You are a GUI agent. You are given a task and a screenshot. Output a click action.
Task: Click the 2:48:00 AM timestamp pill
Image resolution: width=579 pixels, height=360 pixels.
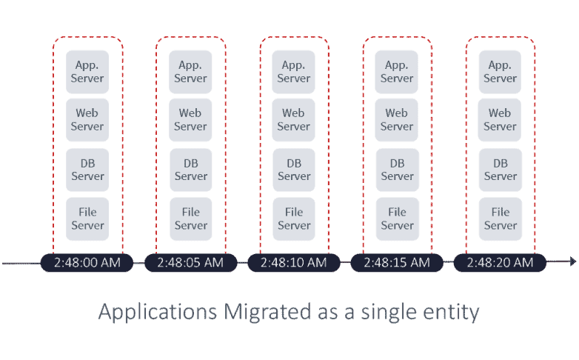point(87,263)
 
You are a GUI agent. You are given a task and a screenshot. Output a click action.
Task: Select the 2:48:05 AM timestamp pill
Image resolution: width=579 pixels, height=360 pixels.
point(190,263)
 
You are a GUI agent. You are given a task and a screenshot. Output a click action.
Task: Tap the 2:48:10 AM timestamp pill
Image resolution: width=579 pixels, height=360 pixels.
point(293,263)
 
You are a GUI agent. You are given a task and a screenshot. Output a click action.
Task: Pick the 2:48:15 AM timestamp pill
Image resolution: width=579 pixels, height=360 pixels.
point(397,263)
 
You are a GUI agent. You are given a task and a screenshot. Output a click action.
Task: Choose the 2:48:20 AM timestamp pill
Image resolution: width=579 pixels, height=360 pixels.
point(500,263)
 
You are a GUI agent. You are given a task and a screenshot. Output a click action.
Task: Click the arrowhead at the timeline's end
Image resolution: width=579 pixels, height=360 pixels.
point(573,261)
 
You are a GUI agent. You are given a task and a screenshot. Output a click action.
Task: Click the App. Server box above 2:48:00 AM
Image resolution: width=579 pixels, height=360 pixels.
point(87,72)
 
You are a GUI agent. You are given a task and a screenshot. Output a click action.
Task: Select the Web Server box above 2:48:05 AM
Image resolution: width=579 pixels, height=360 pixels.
point(190,120)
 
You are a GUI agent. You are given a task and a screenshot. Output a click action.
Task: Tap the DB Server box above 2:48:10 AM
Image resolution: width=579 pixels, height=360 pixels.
point(294,170)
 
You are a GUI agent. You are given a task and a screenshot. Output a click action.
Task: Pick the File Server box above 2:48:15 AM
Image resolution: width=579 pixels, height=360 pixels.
point(398,219)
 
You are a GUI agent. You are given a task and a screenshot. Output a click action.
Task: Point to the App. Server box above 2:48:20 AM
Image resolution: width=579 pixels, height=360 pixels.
point(500,72)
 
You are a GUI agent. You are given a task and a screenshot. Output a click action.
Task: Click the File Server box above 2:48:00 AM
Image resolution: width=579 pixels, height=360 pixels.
point(87,219)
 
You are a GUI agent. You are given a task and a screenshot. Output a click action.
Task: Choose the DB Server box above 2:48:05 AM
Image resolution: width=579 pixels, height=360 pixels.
point(190,170)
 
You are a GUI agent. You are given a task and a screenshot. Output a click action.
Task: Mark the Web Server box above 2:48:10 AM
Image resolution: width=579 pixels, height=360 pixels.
point(293,120)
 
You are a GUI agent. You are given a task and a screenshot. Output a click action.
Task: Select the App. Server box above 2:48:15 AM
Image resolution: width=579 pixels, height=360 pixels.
point(397,72)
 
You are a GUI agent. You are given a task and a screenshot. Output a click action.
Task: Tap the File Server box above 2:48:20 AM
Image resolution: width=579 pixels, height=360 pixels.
point(501,219)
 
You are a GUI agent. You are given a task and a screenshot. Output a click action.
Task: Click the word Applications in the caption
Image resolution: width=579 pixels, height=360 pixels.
point(158,313)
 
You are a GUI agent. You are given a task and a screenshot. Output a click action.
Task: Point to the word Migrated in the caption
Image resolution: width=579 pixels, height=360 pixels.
point(268,313)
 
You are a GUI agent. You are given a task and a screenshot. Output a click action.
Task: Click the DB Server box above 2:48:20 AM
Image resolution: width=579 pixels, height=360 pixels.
point(501,170)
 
